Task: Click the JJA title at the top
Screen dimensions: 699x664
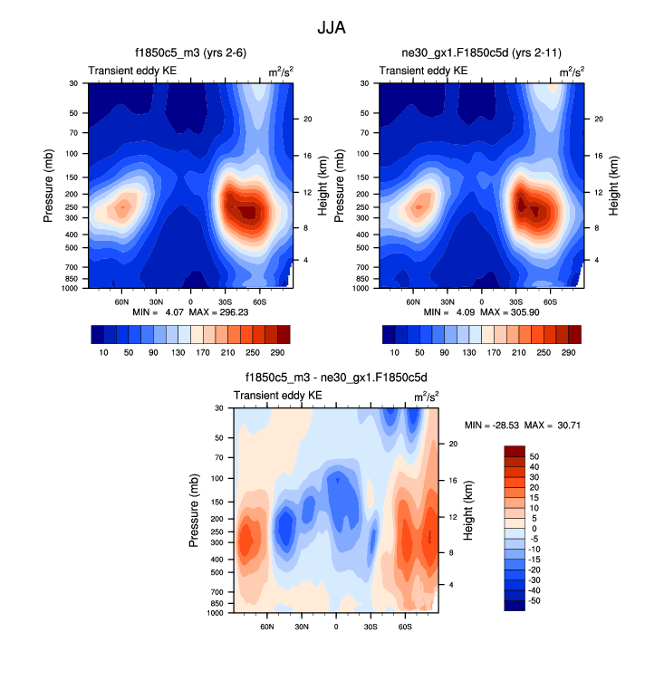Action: pyautogui.click(x=332, y=28)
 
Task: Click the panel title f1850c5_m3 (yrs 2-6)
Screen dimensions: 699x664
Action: pyautogui.click(x=189, y=54)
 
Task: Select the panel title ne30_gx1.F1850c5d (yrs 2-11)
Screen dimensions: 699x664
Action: pyautogui.click(x=480, y=54)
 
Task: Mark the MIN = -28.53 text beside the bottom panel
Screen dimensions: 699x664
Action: pyautogui.click(x=493, y=426)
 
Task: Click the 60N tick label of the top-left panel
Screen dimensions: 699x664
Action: pyautogui.click(x=122, y=302)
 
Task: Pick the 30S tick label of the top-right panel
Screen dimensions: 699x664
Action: pyautogui.click(x=516, y=302)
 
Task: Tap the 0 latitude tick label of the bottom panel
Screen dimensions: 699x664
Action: pyautogui.click(x=336, y=627)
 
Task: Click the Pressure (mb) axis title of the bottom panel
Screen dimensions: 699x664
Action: pyautogui.click(x=194, y=512)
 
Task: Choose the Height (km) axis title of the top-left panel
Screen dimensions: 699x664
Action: pyautogui.click(x=322, y=186)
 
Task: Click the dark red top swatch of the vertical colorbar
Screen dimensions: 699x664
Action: pyautogui.click(x=515, y=451)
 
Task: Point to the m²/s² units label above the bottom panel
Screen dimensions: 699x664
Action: pyautogui.click(x=423, y=397)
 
